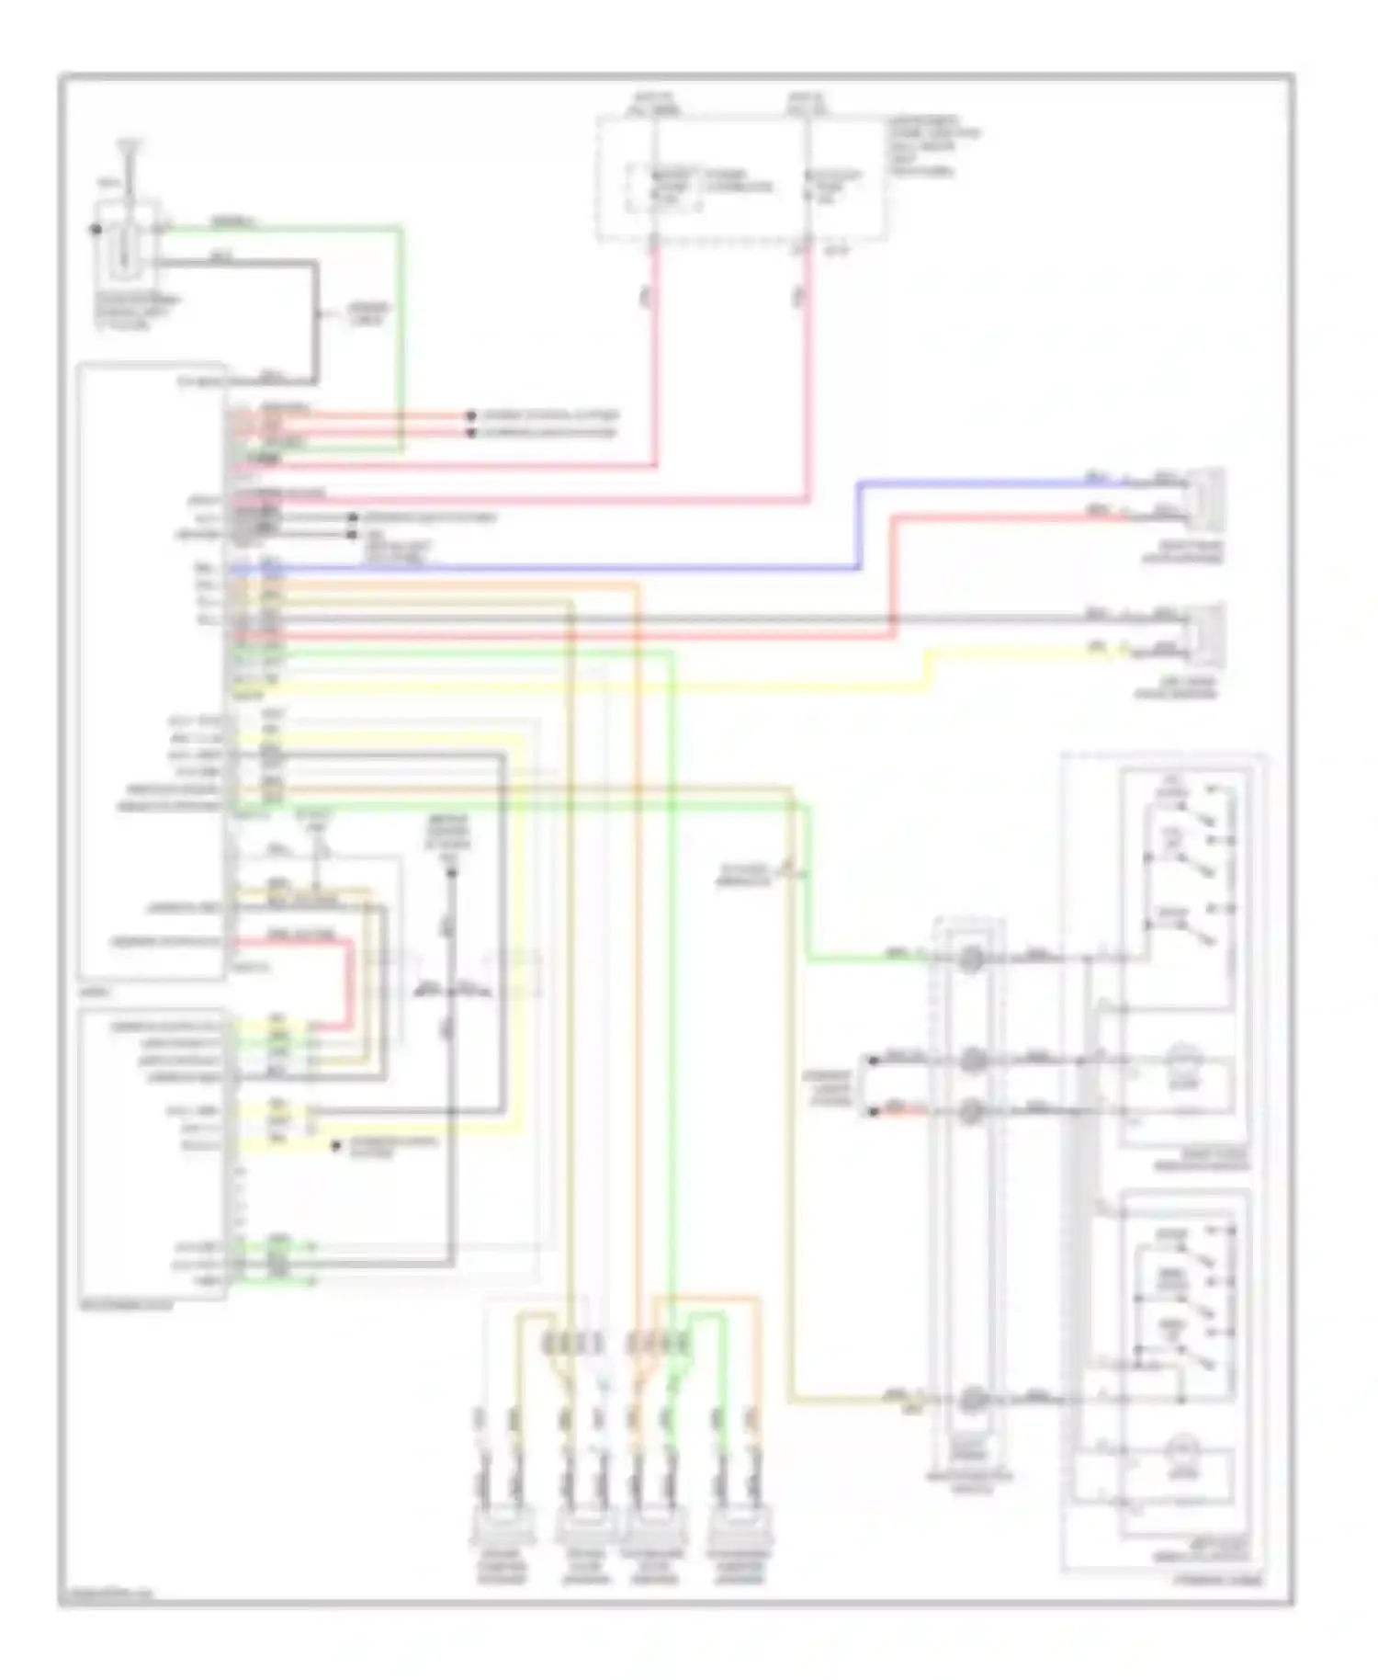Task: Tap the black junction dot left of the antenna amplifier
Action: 96,229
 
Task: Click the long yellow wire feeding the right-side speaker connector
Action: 928,670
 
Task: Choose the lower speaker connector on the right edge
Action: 1208,634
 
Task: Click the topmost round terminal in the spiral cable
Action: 971,960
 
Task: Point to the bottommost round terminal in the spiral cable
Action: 971,1401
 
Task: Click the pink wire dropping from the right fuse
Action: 809,368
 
